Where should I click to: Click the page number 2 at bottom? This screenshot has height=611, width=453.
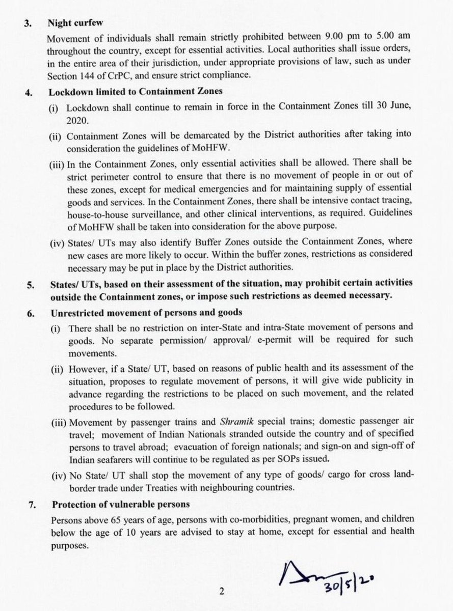tap(222, 592)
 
